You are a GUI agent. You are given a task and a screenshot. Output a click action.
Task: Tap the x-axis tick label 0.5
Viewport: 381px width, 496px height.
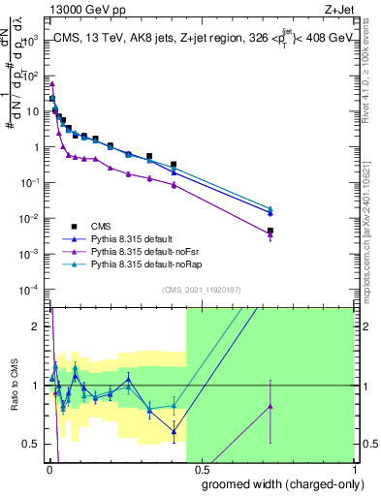coord(202,468)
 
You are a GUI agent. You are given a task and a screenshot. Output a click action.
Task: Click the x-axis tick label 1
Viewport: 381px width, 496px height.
coord(353,468)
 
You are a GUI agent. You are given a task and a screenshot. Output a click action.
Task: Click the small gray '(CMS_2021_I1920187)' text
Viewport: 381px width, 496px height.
coord(202,290)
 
